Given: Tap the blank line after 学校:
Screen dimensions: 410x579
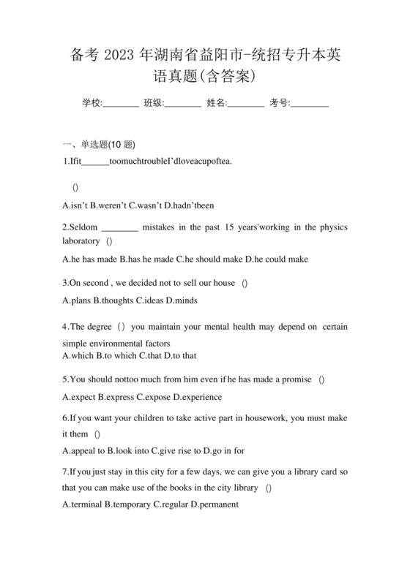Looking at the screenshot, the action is tap(121, 104).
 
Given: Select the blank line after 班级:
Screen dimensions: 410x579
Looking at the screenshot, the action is tap(183, 104).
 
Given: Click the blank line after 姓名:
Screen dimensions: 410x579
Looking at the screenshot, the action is tap(246, 104).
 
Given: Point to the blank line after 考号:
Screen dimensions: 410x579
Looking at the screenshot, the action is tap(310, 104).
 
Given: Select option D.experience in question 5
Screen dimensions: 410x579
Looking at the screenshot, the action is tap(197, 397).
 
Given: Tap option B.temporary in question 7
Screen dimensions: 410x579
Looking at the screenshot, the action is tap(127, 504).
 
